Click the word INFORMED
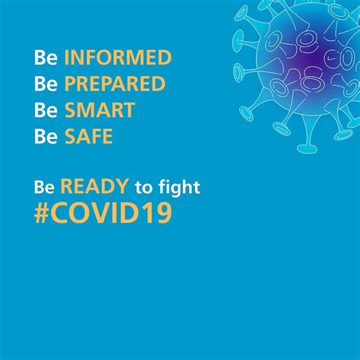[x=118, y=57]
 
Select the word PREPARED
[x=115, y=84]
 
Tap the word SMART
[x=99, y=110]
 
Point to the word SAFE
[x=89, y=136]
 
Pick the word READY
[x=94, y=186]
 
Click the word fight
[x=179, y=188]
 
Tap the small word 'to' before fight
[x=143, y=188]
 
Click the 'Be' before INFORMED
[x=46, y=58]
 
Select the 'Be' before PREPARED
[x=46, y=84]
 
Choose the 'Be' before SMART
[x=46, y=110]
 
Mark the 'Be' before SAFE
[x=46, y=137]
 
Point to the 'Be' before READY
[x=44, y=187]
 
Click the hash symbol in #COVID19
[x=42, y=213]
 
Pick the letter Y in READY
[x=122, y=186]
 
